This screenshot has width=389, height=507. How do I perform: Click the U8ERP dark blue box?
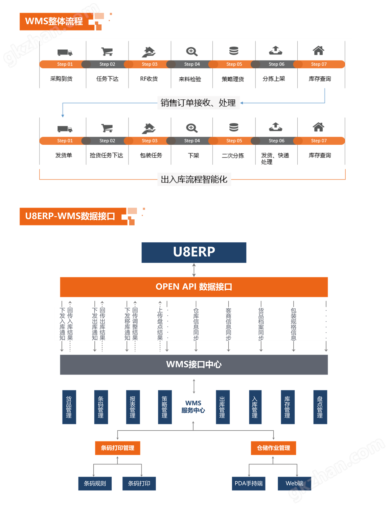194,252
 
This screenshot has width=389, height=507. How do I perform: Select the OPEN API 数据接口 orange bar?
194,287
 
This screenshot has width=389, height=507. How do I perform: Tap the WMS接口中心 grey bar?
194,364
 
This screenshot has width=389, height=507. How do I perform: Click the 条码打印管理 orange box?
117,448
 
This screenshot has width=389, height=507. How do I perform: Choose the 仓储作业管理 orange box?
273,448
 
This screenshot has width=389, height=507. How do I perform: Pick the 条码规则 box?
95,483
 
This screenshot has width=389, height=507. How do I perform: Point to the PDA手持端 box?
249,483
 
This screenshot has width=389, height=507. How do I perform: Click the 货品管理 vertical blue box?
69,407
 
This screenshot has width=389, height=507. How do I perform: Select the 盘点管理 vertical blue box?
320,407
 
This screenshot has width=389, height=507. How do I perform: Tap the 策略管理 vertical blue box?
165,407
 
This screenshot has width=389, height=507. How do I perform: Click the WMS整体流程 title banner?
54,21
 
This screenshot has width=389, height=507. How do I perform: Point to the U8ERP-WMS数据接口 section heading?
70,216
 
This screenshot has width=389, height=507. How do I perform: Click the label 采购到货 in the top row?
61,79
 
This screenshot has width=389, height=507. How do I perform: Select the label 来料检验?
190,79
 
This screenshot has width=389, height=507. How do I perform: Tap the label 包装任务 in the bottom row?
151,155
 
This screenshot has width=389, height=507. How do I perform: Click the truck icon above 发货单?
65,129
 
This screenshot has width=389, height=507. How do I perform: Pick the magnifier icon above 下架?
192,128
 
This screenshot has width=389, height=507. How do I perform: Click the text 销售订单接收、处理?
198,103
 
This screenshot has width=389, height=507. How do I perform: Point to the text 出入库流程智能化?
194,179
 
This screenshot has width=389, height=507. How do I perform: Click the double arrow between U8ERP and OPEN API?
194,270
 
